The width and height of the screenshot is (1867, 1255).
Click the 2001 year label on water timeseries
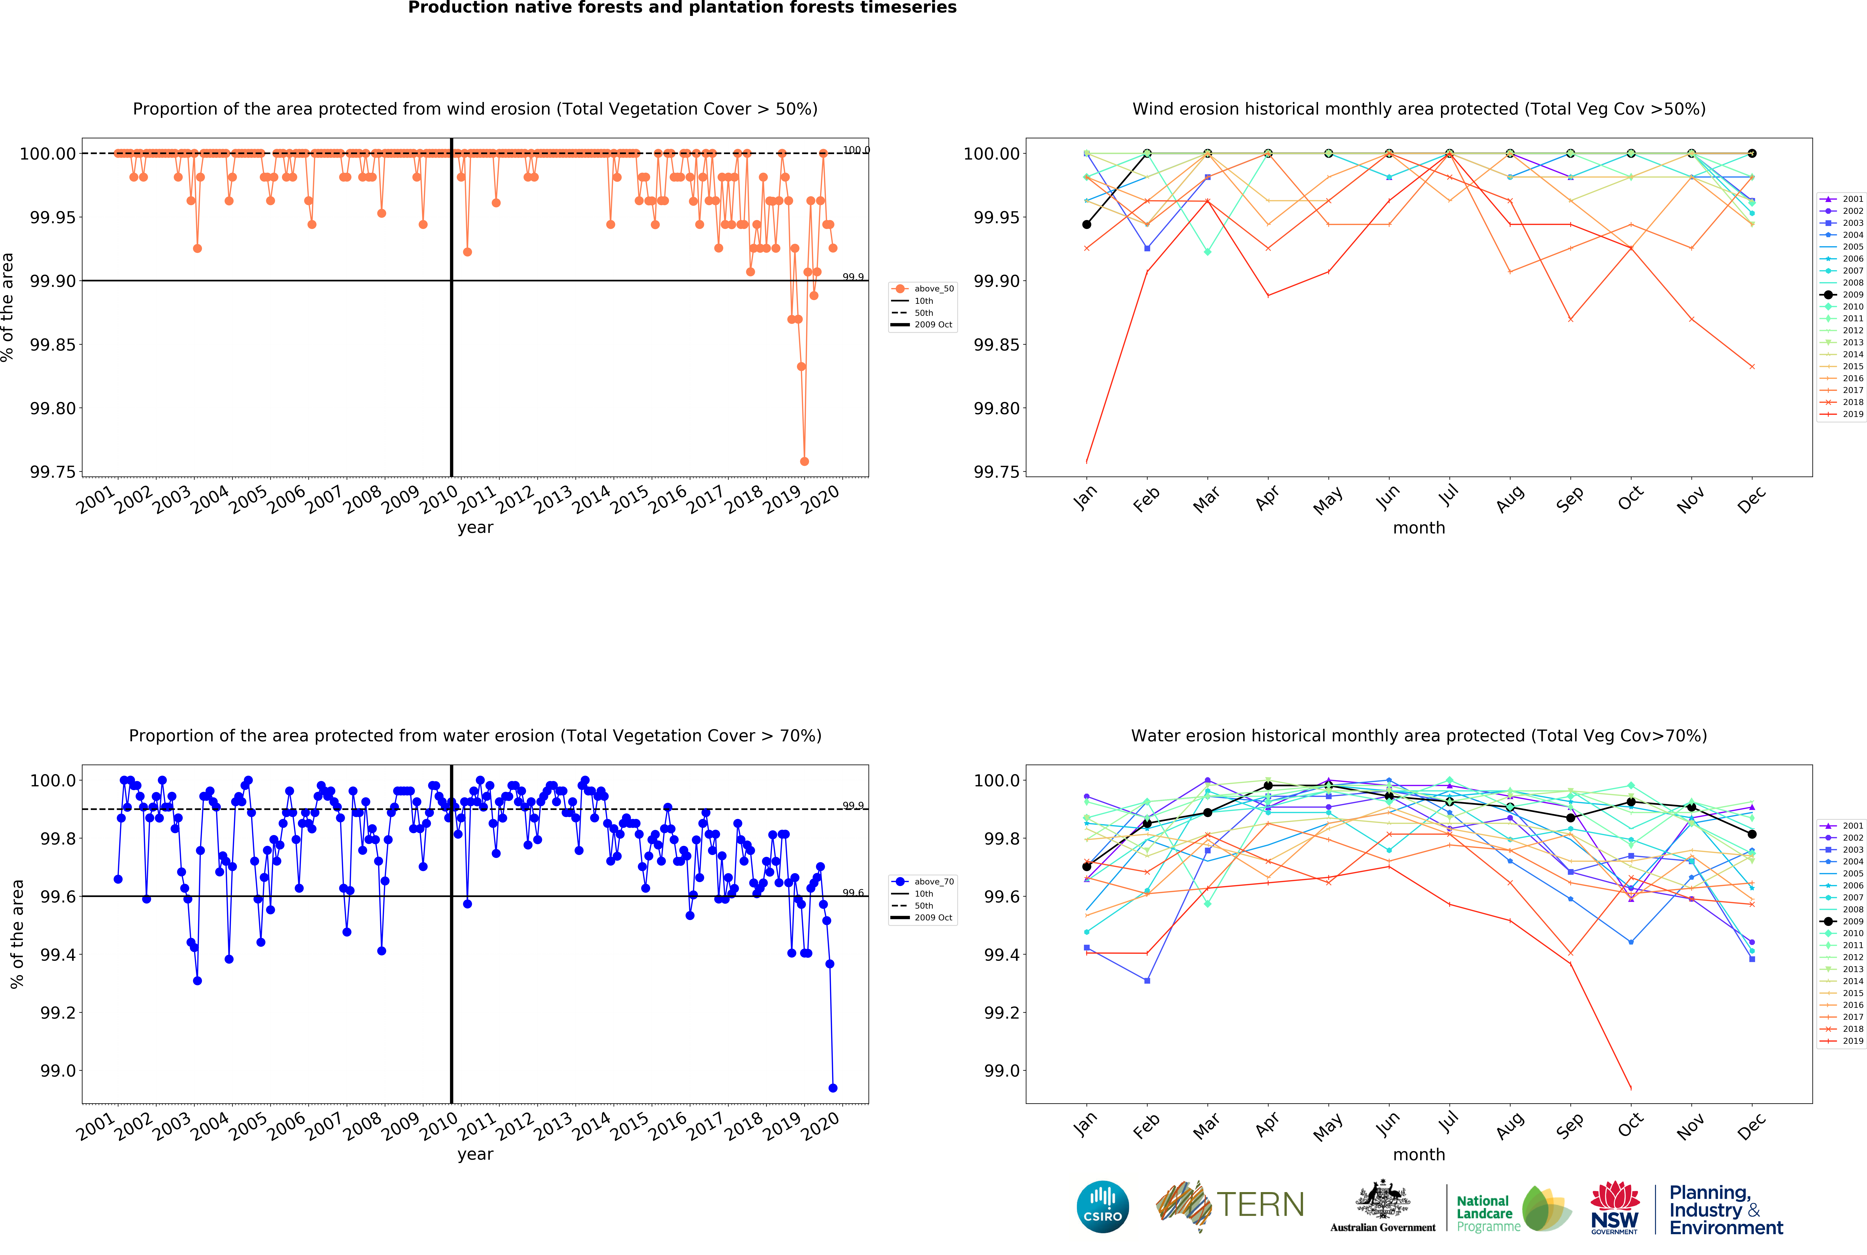click(96, 1127)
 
